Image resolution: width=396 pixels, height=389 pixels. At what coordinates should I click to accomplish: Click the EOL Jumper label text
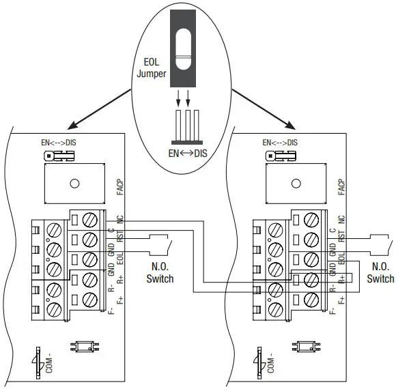[x=152, y=68]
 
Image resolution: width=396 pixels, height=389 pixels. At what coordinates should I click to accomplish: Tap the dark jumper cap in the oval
[x=183, y=48]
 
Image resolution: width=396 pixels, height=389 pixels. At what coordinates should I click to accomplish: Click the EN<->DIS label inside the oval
[x=188, y=154]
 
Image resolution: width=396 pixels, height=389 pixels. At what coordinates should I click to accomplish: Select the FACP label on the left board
[x=120, y=187]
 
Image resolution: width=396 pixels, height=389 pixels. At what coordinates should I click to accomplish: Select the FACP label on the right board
[x=341, y=187]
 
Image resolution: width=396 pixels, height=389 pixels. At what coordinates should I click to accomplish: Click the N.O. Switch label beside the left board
[x=160, y=272]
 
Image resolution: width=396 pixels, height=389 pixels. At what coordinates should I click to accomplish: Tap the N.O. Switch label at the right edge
[x=380, y=272]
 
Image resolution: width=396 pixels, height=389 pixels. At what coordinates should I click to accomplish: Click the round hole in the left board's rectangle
[x=74, y=184]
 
